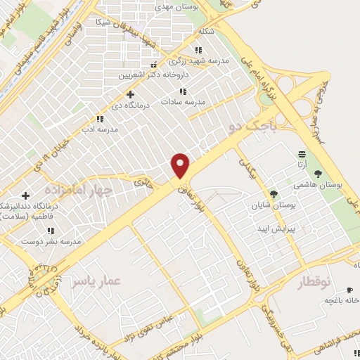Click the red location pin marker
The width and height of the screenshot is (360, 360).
pos(181,165)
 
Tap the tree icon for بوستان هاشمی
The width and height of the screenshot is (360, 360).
pos(319,173)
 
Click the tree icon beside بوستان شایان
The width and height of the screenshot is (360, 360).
pos(274,194)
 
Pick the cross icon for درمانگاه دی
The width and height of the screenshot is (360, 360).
pos(130,94)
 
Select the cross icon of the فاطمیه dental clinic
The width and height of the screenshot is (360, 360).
pos(26,195)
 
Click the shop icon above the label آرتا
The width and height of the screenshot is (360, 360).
pos(302,154)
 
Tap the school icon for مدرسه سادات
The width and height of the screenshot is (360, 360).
pos(183,91)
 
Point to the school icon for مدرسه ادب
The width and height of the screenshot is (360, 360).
pos(98,120)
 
